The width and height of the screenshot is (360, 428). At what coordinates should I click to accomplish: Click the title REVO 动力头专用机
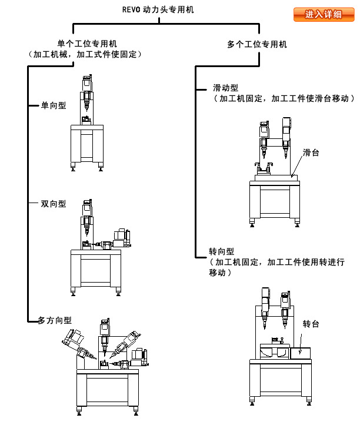158,10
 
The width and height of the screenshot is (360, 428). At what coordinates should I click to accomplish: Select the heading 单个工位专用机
86,44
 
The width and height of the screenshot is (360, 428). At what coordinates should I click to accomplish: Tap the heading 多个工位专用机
256,44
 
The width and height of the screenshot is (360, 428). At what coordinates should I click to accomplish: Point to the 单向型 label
53,106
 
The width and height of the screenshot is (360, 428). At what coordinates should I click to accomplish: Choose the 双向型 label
53,204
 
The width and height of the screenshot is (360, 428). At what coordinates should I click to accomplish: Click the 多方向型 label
55,320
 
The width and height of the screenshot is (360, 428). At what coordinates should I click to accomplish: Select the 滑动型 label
225,88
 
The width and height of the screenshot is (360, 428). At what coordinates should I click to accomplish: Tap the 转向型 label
222,252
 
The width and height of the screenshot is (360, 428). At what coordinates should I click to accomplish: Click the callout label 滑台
311,152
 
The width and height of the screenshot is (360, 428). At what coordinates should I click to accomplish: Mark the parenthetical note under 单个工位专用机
86,54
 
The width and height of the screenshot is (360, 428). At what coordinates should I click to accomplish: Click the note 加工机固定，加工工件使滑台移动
282,99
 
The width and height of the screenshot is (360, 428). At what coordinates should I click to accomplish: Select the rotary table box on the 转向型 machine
305,350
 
